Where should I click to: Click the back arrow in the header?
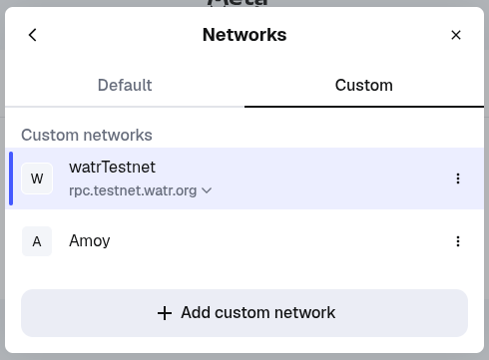click(x=32, y=35)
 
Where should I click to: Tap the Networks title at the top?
click(x=244, y=35)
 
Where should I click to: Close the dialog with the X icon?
click(x=456, y=35)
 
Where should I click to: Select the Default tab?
click(x=125, y=85)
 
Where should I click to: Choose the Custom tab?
click(x=363, y=85)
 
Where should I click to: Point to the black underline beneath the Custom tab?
click(x=363, y=106)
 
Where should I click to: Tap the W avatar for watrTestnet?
click(x=37, y=179)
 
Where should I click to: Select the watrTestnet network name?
click(x=112, y=167)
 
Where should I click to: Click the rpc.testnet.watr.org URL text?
click(x=133, y=189)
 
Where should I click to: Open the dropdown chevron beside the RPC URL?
click(x=207, y=190)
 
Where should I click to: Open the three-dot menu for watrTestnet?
click(x=458, y=179)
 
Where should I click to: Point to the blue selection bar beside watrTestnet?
click(x=11, y=179)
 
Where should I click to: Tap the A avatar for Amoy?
click(x=37, y=241)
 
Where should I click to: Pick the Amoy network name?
click(x=90, y=241)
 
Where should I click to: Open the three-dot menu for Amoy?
click(x=458, y=241)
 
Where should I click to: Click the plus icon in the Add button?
click(x=165, y=313)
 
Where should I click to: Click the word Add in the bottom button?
click(x=196, y=313)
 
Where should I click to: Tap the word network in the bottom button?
click(x=305, y=313)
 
